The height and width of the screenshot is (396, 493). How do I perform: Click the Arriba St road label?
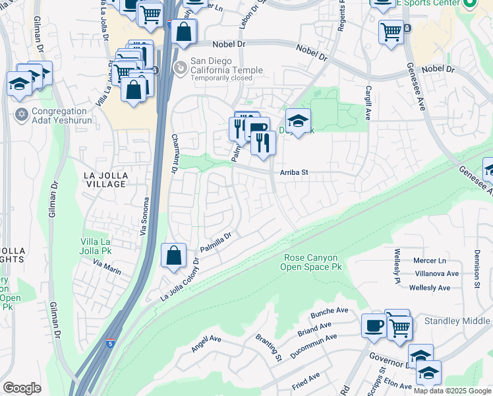295,172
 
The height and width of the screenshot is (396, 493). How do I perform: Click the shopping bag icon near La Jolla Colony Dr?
173,256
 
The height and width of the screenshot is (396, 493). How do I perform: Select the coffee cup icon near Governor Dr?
374,326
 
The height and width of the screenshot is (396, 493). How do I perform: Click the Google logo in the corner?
22,388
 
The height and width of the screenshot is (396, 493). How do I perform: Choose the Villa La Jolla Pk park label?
100,247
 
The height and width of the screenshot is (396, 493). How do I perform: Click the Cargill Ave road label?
367,105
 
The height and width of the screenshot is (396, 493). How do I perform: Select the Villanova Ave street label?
436,273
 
